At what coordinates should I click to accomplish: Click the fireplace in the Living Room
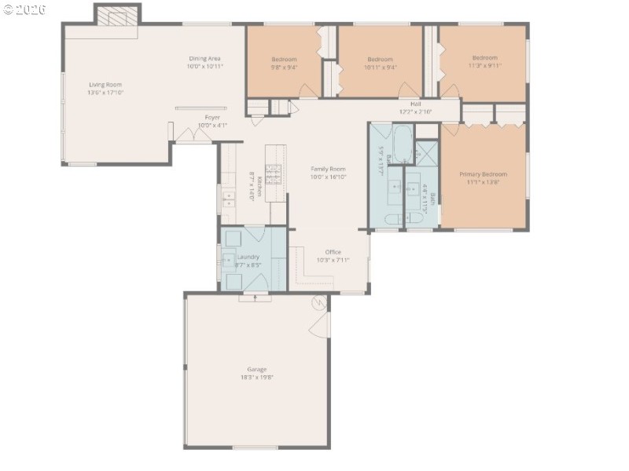pos(118,16)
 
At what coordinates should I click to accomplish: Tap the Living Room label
pos(105,85)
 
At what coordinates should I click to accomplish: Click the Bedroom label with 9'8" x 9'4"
pos(284,60)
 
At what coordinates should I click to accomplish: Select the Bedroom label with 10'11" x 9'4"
pos(380,60)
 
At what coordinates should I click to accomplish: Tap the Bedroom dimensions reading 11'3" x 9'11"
pos(484,67)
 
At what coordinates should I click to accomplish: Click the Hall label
pos(415,104)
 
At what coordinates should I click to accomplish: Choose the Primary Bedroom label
pos(483,174)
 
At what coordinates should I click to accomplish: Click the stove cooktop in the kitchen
pos(273,173)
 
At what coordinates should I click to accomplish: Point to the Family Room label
pos(328,169)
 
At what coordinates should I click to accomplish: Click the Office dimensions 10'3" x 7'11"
pos(333,260)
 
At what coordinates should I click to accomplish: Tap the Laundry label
pos(248,257)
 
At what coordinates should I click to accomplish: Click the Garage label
pos(257,369)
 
